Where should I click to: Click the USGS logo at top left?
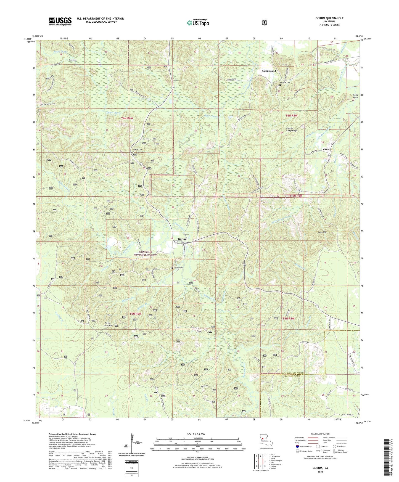[60, 21]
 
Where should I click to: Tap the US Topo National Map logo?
[198, 22]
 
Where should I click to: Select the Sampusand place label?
[269, 71]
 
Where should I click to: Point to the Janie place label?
[326, 149]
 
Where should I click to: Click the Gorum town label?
[182, 239]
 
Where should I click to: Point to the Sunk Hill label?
[322, 232]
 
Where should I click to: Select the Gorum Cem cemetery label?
[179, 268]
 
